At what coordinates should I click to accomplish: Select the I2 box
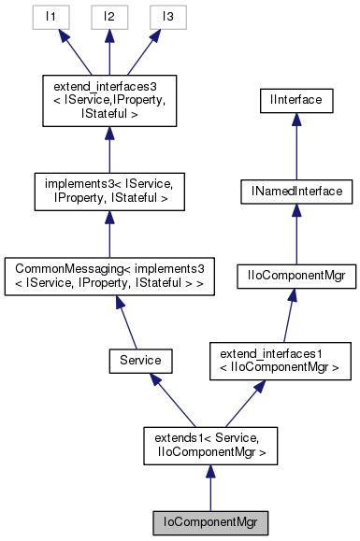(109, 17)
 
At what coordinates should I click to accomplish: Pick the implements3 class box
(109, 190)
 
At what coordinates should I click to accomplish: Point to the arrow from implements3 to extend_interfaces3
(109, 148)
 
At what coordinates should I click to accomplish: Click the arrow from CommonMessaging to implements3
(109, 234)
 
